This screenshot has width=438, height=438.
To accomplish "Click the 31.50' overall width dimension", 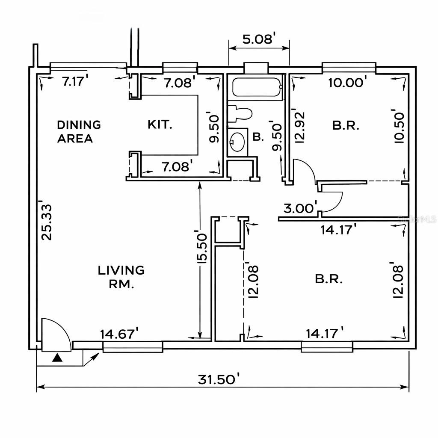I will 219,379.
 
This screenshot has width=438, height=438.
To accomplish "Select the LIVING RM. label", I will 121,277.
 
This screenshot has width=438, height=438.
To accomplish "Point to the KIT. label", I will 160,125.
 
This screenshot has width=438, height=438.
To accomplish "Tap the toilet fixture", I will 239,114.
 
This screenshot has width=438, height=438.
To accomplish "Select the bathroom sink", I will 237,141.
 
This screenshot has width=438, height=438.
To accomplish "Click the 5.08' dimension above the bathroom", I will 258,39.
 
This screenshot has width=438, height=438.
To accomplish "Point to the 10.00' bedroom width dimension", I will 347,82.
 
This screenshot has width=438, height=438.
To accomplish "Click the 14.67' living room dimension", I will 119,333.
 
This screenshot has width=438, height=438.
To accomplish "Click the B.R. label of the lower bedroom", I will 329,279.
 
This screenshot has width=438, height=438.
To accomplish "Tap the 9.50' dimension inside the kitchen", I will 214,128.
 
